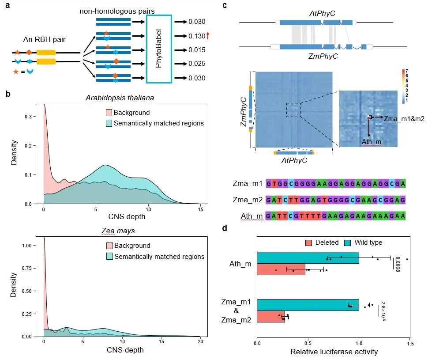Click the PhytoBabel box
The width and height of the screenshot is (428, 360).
158,49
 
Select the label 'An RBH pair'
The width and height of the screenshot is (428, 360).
44,39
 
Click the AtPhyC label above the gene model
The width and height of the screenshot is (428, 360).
322,13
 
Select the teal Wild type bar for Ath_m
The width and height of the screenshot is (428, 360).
308,258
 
